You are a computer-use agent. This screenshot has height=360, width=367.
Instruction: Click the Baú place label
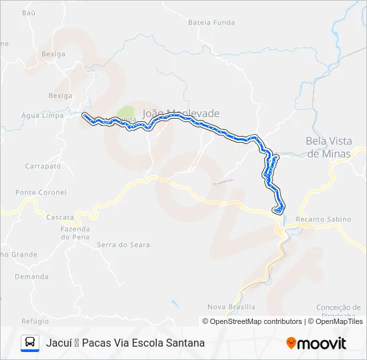point(28,13)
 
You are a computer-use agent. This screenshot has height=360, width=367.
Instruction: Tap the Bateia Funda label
point(212,22)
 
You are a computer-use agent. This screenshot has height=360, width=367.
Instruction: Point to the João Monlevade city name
point(181,113)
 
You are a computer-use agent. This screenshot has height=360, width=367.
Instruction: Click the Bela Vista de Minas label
point(328,147)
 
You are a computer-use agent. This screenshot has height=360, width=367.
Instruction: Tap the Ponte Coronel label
point(41,192)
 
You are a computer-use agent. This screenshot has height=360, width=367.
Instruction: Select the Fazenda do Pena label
point(75,233)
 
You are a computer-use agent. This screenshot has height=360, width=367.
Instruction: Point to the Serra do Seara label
point(123,245)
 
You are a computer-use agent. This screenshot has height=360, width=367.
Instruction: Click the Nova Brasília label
point(231,307)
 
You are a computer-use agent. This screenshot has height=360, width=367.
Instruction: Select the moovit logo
point(316,343)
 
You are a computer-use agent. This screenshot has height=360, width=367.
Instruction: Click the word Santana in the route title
point(185,343)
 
